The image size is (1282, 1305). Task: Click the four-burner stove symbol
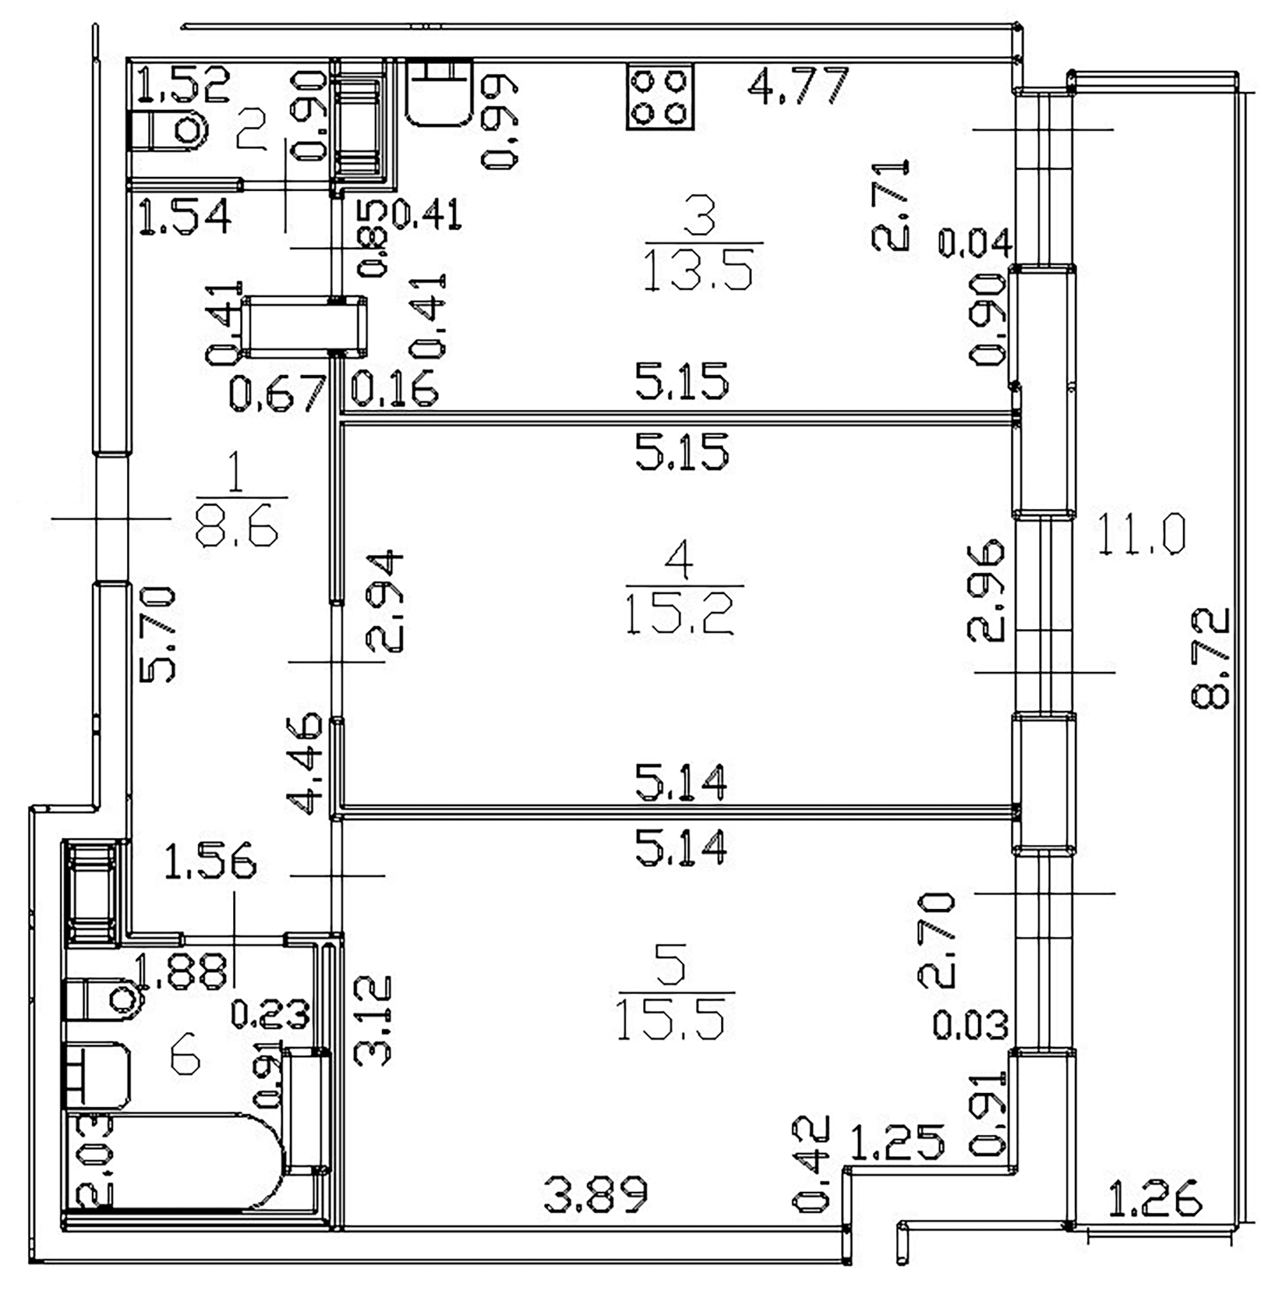(660, 97)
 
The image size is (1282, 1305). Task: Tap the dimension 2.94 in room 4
(384, 602)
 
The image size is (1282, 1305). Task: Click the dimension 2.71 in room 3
(890, 204)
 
